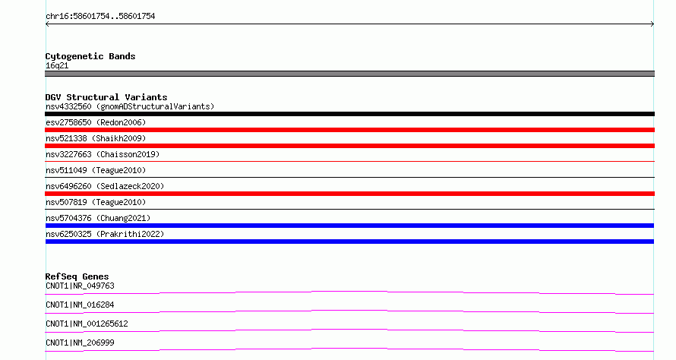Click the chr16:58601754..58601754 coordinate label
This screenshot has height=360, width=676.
(100, 17)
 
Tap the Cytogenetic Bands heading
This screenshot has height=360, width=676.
(90, 56)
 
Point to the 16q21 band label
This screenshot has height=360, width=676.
(57, 65)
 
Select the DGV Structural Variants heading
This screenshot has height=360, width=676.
(106, 97)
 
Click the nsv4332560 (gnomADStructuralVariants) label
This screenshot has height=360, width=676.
(130, 106)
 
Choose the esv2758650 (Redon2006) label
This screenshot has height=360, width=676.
(96, 122)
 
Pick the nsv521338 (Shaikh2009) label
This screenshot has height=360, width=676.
(96, 138)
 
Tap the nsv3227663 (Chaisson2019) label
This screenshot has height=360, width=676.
(103, 154)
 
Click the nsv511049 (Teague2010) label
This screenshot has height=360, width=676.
(96, 170)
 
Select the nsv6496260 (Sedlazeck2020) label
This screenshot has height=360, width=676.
(105, 186)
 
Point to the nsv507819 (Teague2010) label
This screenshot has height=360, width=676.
(96, 202)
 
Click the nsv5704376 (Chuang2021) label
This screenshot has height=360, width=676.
(98, 218)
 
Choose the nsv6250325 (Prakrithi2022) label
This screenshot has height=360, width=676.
(105, 234)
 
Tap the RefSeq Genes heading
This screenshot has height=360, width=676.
(77, 276)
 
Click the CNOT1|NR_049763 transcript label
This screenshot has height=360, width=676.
(80, 286)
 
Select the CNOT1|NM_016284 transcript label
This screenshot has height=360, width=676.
(80, 305)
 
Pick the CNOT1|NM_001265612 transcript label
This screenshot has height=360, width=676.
(87, 324)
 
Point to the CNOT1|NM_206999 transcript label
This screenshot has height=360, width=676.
(80, 343)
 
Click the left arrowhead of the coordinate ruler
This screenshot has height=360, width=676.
(46, 24)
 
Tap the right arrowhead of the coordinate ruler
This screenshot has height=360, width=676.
(653, 24)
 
